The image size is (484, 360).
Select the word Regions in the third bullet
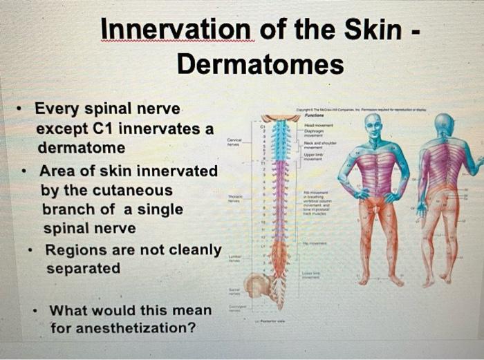coord(75,249)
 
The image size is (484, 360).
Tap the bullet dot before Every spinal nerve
coord(22,110)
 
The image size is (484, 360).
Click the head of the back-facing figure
coord(443,125)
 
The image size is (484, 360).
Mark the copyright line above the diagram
coord(360,111)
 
